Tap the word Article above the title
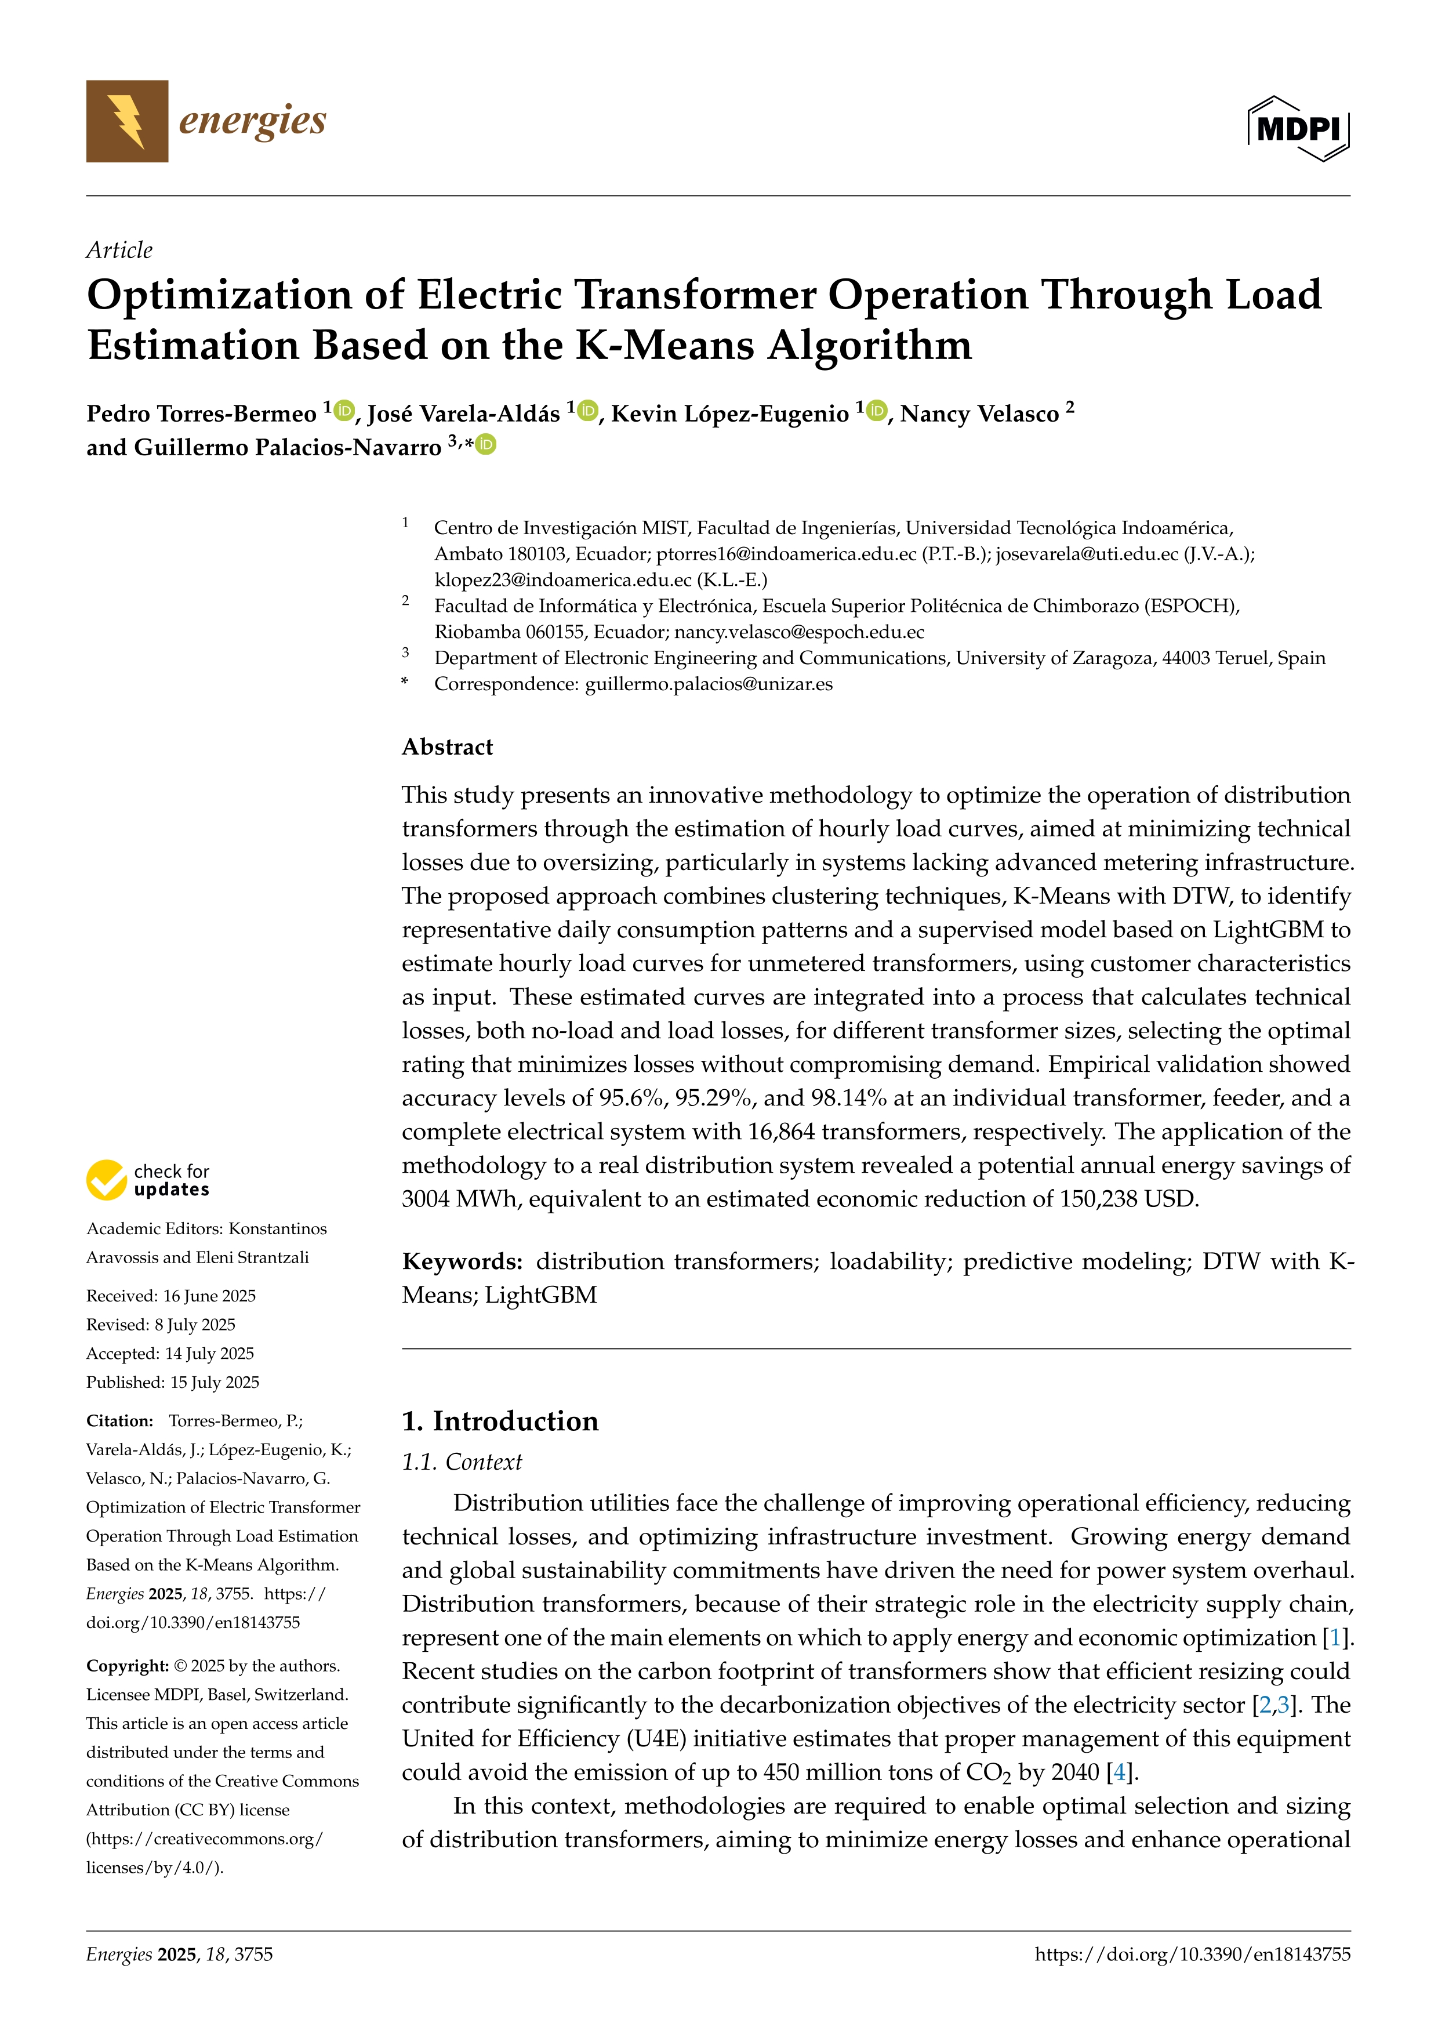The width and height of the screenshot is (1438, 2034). tap(119, 250)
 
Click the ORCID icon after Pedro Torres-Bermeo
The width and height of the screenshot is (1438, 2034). tap(344, 410)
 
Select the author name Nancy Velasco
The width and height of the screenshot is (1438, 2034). tap(979, 414)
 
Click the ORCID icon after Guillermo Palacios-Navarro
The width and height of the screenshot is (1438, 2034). tap(485, 445)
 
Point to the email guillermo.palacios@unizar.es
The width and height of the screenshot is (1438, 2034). tap(709, 684)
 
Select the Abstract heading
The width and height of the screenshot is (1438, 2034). tap(447, 747)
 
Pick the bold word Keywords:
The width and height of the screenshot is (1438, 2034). tap(462, 1261)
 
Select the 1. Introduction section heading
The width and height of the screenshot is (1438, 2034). tap(500, 1421)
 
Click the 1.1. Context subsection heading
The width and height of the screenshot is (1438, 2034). tap(462, 1462)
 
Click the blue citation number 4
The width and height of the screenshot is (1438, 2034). tap(1119, 1772)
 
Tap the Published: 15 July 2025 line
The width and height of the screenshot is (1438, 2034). tap(173, 1382)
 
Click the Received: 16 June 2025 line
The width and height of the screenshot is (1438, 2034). tap(171, 1296)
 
